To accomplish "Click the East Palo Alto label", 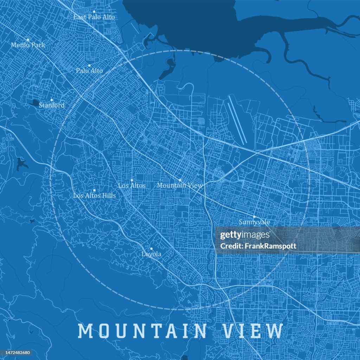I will click(94, 17).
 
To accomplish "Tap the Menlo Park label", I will click(28, 45).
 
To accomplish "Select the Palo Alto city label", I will click(89, 71).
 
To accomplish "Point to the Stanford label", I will click(51, 105).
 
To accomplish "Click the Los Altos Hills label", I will click(94, 195).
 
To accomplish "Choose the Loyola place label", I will click(151, 254).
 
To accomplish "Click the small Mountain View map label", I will click(180, 185).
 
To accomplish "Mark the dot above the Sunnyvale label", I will click(254, 217).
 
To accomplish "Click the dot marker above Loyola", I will click(151, 249).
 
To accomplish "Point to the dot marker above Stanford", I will click(51, 100).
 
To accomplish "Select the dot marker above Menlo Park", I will click(28, 40).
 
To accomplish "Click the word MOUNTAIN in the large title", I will click(142, 331).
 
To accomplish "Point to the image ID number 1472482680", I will click(17, 353).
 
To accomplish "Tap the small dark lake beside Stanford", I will click(36, 103).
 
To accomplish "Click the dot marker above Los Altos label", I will click(132, 180).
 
